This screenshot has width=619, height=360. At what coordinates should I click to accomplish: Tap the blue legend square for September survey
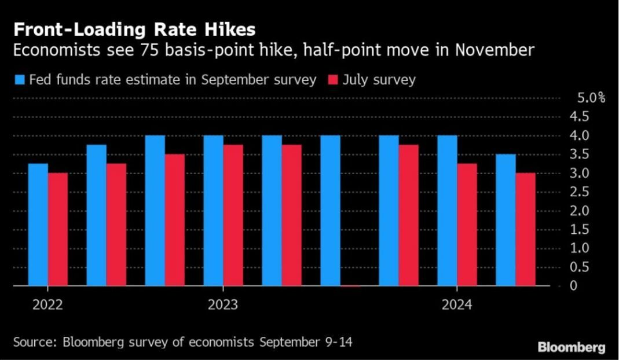pos(19,80)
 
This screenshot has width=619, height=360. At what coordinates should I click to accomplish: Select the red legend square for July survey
pos(333,80)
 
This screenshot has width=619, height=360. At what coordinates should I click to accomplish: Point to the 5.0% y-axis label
pos(590,97)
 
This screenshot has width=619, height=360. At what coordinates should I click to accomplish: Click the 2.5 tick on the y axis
pos(581,192)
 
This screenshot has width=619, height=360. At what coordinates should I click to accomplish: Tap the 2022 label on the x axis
pos(47,304)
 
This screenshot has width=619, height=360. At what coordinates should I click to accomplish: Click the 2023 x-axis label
pos(223,304)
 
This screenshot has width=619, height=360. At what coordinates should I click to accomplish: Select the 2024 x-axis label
pos(457,304)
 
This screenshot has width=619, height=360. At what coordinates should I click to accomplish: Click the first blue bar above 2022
pos(38,225)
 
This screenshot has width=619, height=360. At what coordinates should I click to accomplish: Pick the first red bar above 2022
pos(58,229)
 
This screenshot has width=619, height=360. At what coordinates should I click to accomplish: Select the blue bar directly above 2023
pos(213,211)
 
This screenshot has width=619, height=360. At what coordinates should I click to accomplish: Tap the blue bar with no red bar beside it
pos(330,211)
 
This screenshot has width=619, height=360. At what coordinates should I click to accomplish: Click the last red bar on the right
pos(525,229)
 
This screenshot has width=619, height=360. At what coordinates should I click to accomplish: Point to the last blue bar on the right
pos(506,220)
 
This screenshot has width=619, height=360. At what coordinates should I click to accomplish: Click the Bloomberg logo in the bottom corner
pos(572,347)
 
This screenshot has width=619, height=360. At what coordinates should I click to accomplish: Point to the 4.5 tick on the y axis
pos(581,116)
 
